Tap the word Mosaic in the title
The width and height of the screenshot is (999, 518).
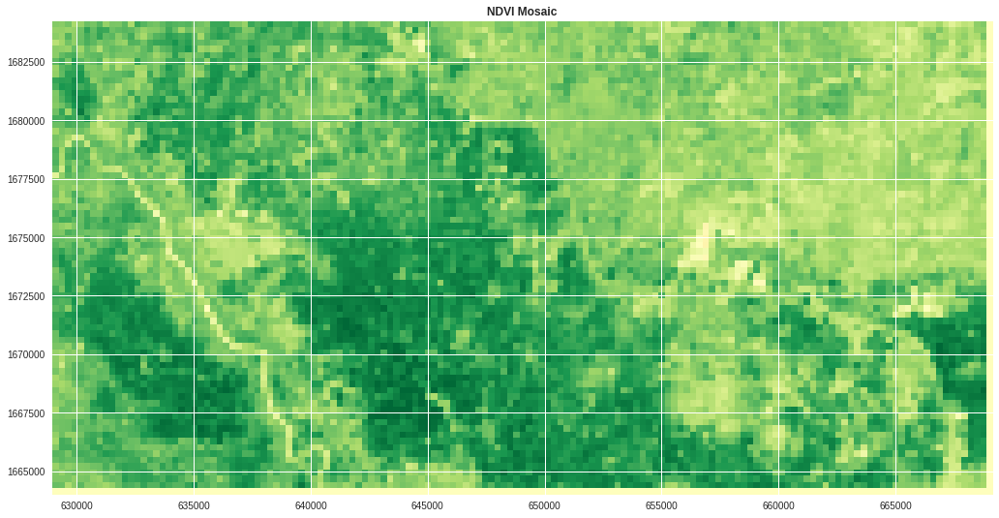537,12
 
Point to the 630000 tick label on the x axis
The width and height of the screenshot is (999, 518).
76,505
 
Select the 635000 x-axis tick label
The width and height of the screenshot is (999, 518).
194,505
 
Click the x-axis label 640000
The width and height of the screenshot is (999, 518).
311,505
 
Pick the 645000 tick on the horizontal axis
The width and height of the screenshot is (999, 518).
428,505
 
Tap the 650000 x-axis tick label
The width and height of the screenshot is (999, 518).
544,505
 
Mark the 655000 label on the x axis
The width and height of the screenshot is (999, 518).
661,505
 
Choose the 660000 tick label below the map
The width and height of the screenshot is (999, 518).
778,505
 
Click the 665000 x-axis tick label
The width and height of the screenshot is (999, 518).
895,505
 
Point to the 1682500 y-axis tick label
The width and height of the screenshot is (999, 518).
26,62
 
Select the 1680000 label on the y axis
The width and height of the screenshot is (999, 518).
26,121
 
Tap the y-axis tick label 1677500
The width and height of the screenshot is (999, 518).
26,179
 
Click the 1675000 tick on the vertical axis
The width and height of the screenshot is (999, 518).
26,238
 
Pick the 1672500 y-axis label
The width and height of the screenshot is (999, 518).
26,296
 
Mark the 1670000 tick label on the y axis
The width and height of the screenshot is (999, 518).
26,354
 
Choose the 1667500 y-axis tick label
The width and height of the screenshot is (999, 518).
26,413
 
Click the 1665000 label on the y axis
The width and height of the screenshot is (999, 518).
26,472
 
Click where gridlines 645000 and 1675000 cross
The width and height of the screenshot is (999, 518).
428,237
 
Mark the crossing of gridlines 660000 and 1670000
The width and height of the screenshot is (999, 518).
778,354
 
